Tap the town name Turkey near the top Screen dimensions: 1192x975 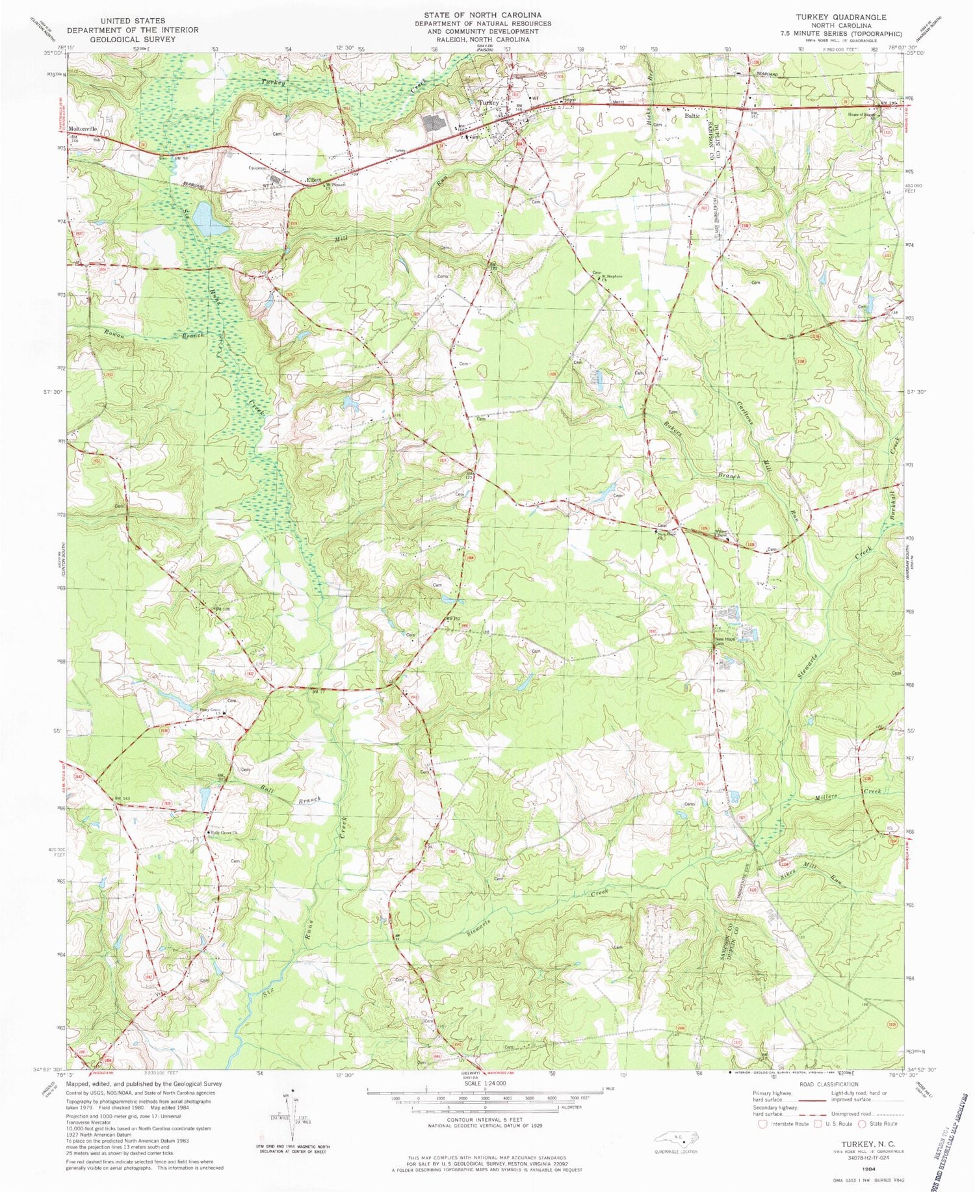[488, 103]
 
